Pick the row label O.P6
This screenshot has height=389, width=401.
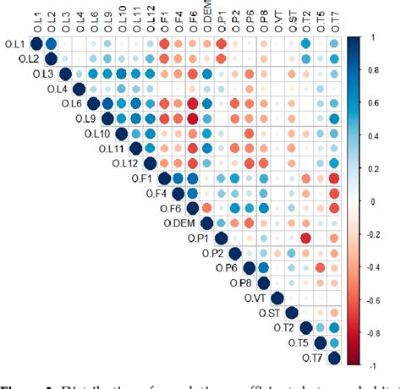(x=228, y=268)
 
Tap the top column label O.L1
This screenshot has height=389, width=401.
(x=36, y=19)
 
